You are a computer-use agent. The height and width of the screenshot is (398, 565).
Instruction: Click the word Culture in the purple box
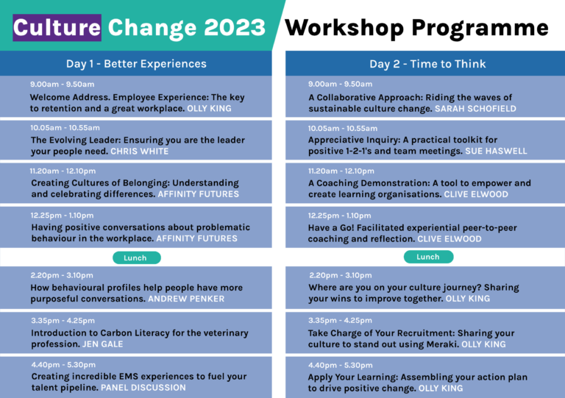57,28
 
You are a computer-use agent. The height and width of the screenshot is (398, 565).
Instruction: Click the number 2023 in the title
235,27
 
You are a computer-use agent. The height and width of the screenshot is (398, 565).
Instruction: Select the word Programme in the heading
480,29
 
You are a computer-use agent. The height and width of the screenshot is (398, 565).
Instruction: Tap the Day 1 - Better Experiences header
136,64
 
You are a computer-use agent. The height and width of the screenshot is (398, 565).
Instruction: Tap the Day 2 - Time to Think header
427,64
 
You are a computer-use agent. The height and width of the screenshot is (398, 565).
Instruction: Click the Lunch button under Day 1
137,258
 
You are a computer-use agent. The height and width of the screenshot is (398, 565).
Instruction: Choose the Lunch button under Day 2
428,257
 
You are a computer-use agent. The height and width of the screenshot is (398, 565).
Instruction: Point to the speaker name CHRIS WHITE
140,152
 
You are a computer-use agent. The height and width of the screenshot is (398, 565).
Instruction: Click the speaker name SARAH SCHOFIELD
475,109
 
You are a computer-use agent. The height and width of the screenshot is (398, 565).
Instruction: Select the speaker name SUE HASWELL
496,151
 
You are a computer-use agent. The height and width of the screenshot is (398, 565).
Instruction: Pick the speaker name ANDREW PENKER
186,299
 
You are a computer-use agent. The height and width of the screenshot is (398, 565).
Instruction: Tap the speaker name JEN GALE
102,344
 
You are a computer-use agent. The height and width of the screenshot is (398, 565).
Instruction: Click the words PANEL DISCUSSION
143,388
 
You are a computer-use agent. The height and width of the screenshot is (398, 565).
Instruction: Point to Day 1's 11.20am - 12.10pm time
63,171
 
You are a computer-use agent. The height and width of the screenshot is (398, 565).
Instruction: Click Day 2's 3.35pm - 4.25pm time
340,321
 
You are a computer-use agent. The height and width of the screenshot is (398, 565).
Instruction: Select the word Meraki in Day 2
442,344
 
